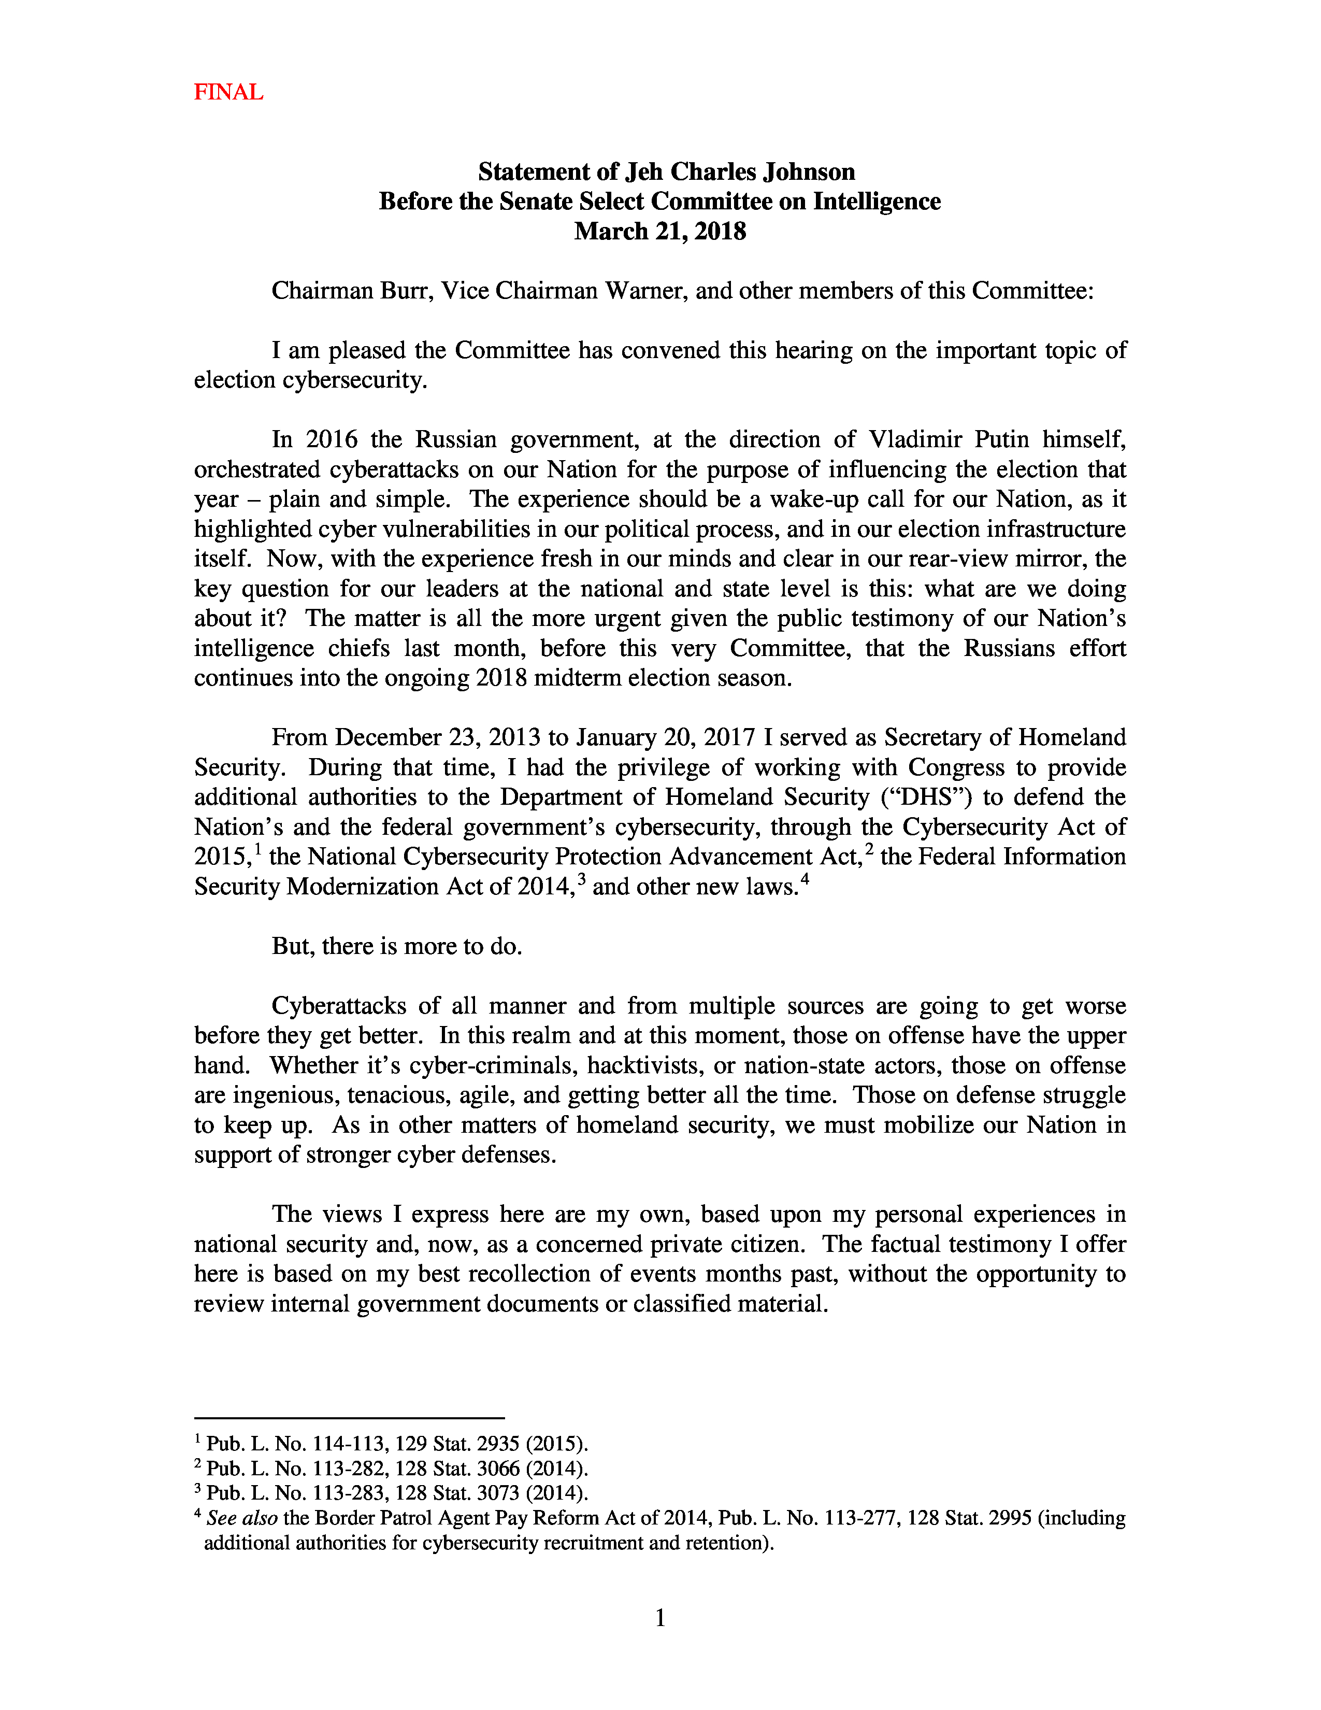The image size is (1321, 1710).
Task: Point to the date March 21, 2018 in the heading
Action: point(659,232)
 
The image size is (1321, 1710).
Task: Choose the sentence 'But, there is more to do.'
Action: point(397,947)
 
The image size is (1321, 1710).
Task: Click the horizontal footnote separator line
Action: point(349,1418)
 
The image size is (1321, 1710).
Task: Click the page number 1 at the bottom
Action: point(659,1618)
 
